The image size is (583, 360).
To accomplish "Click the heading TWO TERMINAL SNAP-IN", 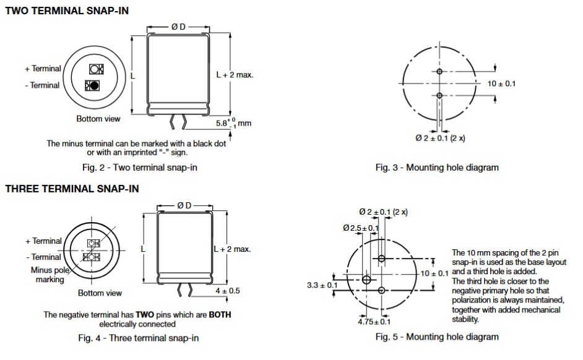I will [67, 11].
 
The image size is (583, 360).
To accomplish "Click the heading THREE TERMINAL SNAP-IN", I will [72, 189].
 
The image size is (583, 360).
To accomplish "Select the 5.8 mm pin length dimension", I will [233, 122].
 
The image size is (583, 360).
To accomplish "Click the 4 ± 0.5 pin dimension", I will [228, 290].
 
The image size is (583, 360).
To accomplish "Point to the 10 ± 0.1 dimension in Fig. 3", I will [501, 84].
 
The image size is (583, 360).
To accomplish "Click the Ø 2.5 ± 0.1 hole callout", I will [360, 228].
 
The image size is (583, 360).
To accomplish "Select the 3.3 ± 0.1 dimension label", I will [322, 285].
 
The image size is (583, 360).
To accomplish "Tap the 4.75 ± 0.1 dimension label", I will [374, 322].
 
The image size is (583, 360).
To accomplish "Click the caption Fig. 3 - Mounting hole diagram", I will [436, 168].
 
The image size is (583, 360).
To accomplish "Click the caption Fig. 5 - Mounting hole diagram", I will [436, 337].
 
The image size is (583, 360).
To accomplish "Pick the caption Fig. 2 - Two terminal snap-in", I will [140, 168].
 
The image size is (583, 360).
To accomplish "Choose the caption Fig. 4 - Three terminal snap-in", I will [140, 338].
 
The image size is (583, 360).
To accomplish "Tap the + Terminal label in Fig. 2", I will [43, 69].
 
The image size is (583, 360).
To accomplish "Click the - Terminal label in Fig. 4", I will [43, 257].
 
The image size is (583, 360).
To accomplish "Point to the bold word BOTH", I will [219, 315].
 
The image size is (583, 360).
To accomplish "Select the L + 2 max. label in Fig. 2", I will [234, 74].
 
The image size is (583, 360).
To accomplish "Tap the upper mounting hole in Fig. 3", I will [439, 72].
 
